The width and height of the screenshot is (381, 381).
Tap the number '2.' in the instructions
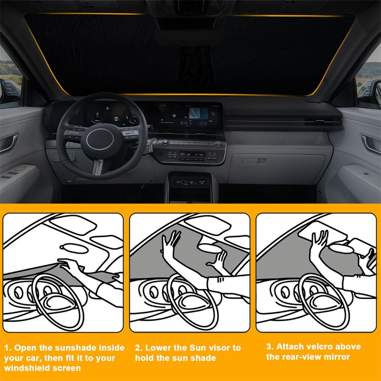coord(139,348)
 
